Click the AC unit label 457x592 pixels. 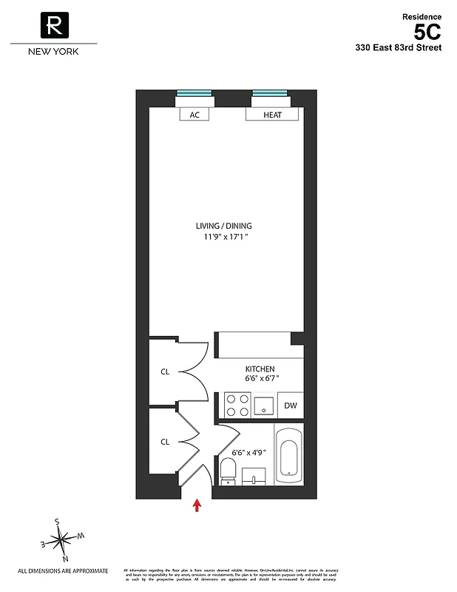pyautogui.click(x=194, y=115)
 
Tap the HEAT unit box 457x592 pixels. pyautogui.click(x=272, y=115)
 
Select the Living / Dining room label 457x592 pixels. pyautogui.click(x=228, y=226)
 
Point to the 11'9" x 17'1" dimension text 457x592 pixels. pyautogui.click(x=228, y=238)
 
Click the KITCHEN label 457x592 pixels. pyautogui.click(x=260, y=369)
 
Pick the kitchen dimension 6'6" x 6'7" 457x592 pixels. pyautogui.click(x=260, y=379)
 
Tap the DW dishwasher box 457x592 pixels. pyautogui.click(x=291, y=406)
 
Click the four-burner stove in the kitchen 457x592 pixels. pyautogui.click(x=237, y=406)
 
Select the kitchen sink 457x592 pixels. pyautogui.click(x=264, y=406)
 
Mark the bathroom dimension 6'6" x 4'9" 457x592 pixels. pyautogui.click(x=248, y=451)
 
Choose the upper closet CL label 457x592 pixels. pyautogui.click(x=165, y=371)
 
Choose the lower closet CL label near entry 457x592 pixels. pyautogui.click(x=165, y=442)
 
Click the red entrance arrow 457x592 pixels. pyautogui.click(x=197, y=505)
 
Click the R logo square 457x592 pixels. pyautogui.click(x=54, y=27)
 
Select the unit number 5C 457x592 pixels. pyautogui.click(x=427, y=32)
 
